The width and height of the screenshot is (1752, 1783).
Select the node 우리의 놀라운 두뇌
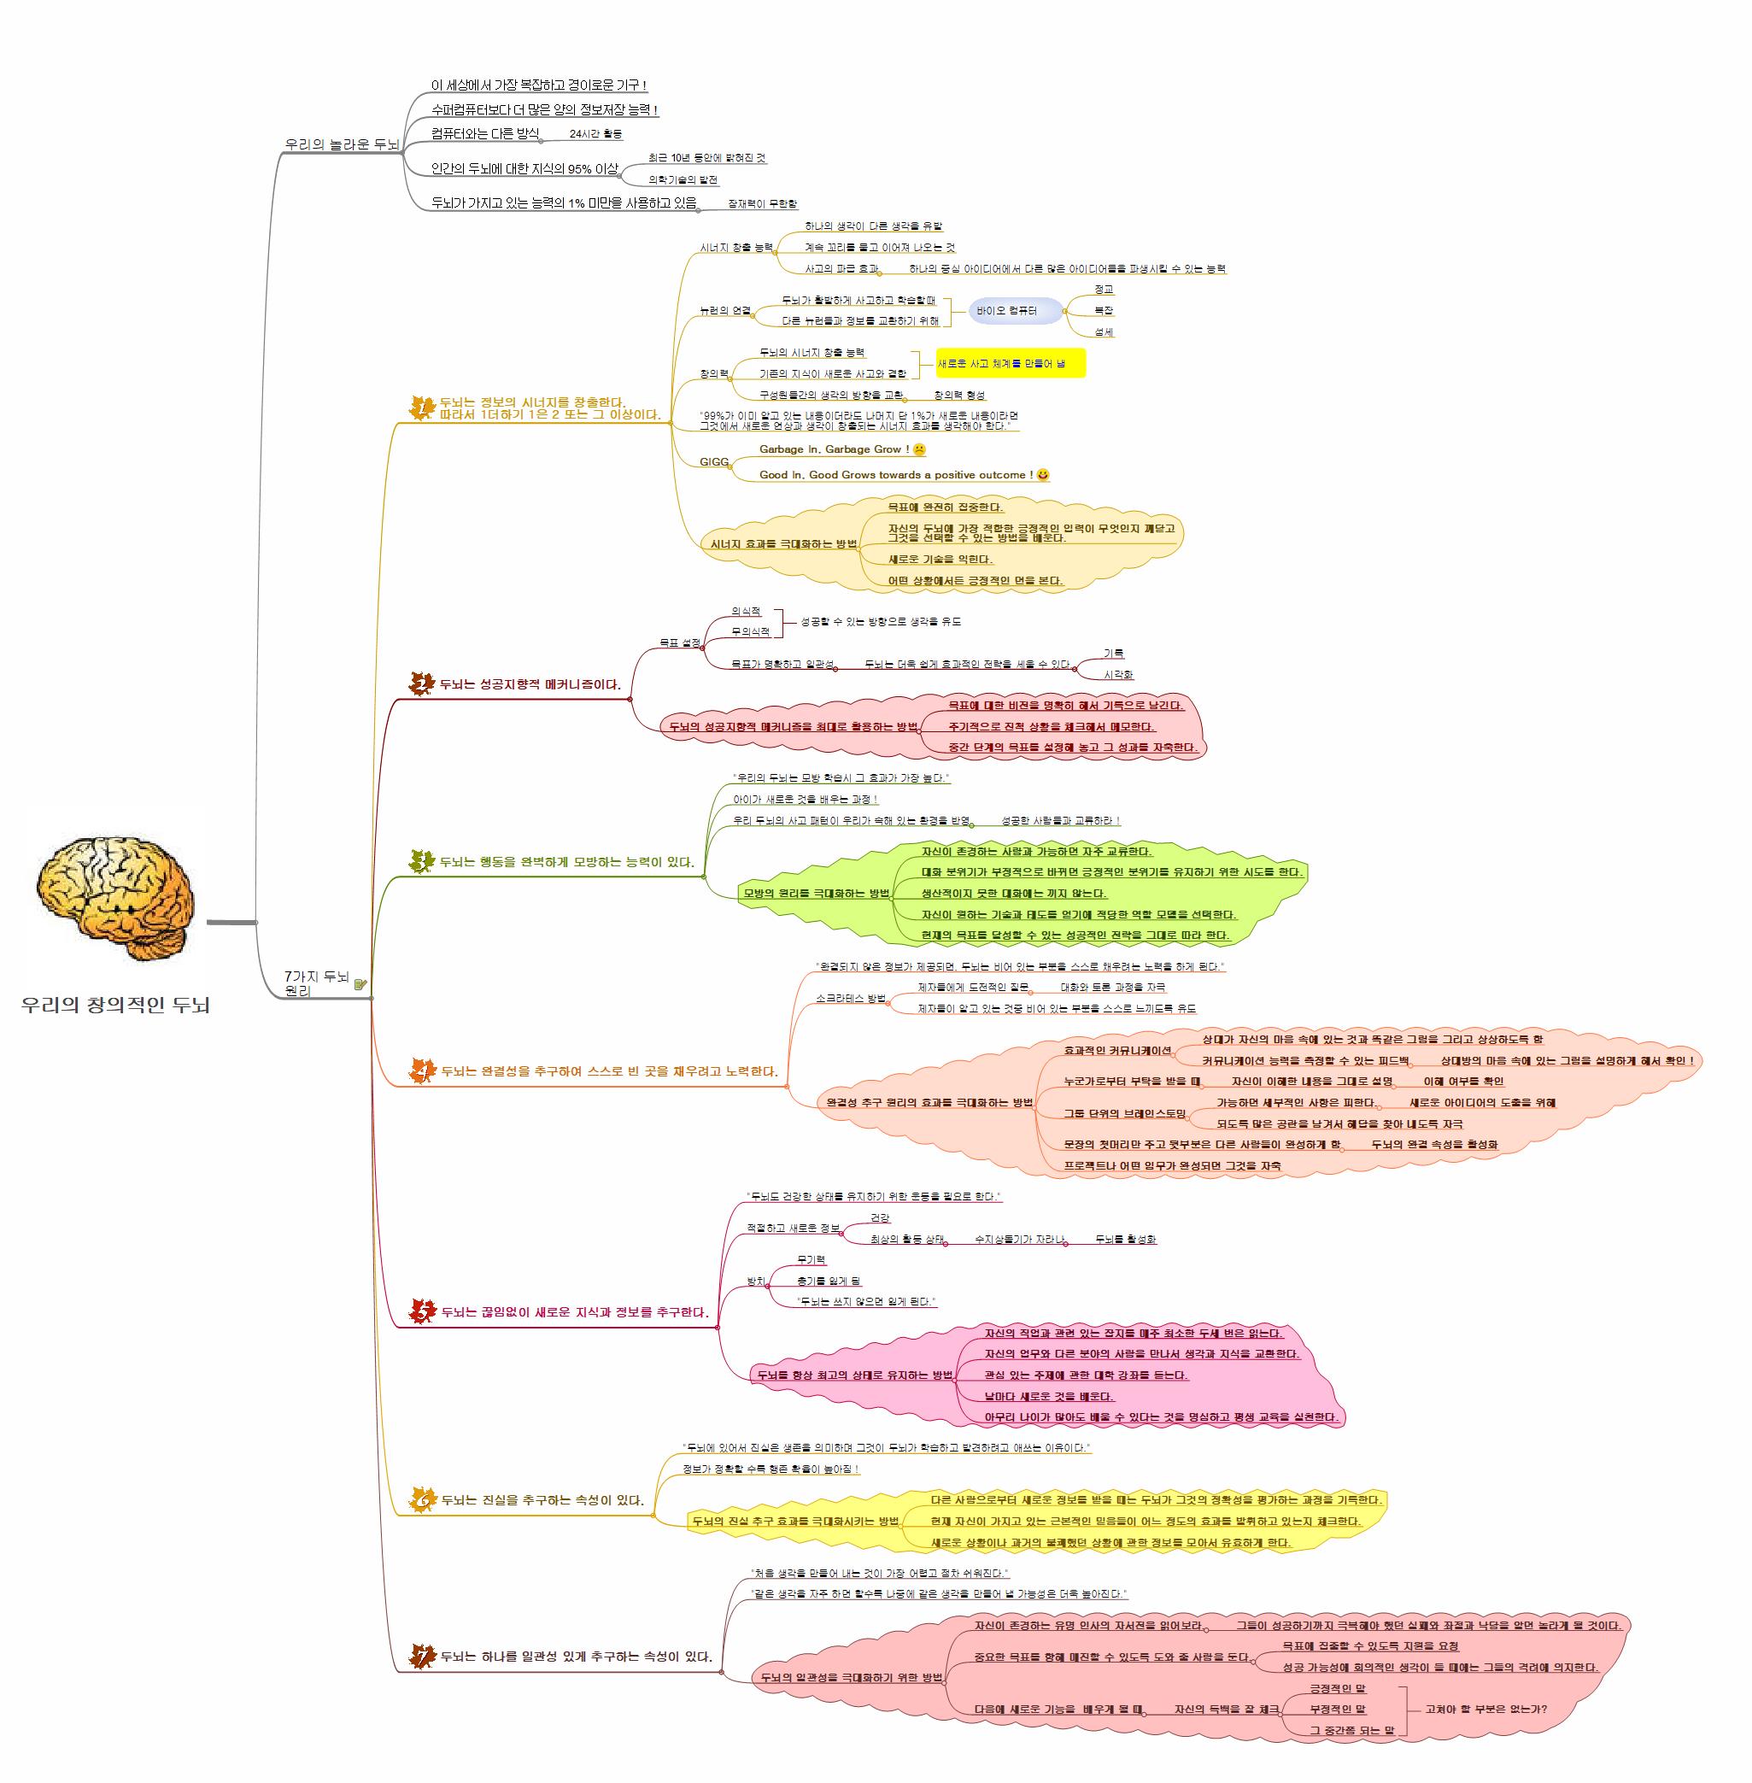342,144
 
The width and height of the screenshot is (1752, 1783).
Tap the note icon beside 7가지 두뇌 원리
360,984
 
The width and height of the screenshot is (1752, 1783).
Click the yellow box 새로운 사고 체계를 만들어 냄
1011,364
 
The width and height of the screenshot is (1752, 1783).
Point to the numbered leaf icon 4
422,1070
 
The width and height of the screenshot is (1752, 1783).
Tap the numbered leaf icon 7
422,1656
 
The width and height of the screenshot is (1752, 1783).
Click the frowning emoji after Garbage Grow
918,449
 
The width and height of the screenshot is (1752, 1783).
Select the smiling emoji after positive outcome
1042,475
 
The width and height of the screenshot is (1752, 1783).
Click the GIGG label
714,462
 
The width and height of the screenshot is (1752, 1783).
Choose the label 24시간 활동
595,134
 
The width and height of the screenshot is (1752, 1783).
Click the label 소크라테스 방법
850,998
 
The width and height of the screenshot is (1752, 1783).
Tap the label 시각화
1118,675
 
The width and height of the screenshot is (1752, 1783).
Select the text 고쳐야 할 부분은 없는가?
1486,1710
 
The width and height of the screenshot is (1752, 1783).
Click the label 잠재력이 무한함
762,203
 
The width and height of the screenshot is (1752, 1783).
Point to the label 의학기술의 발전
683,180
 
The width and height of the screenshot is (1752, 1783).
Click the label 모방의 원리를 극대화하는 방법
816,893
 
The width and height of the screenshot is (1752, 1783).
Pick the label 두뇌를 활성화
1125,1239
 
